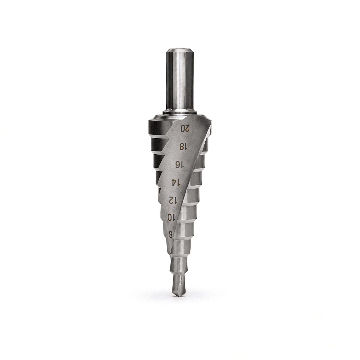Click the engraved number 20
pos(185,128)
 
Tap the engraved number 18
pos(183,146)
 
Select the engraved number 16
pos(179,165)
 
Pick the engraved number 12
pos(173,200)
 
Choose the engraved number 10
pos(171,217)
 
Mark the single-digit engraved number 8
pos(171,234)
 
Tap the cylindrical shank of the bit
pos(179,81)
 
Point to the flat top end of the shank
pos(179,50)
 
